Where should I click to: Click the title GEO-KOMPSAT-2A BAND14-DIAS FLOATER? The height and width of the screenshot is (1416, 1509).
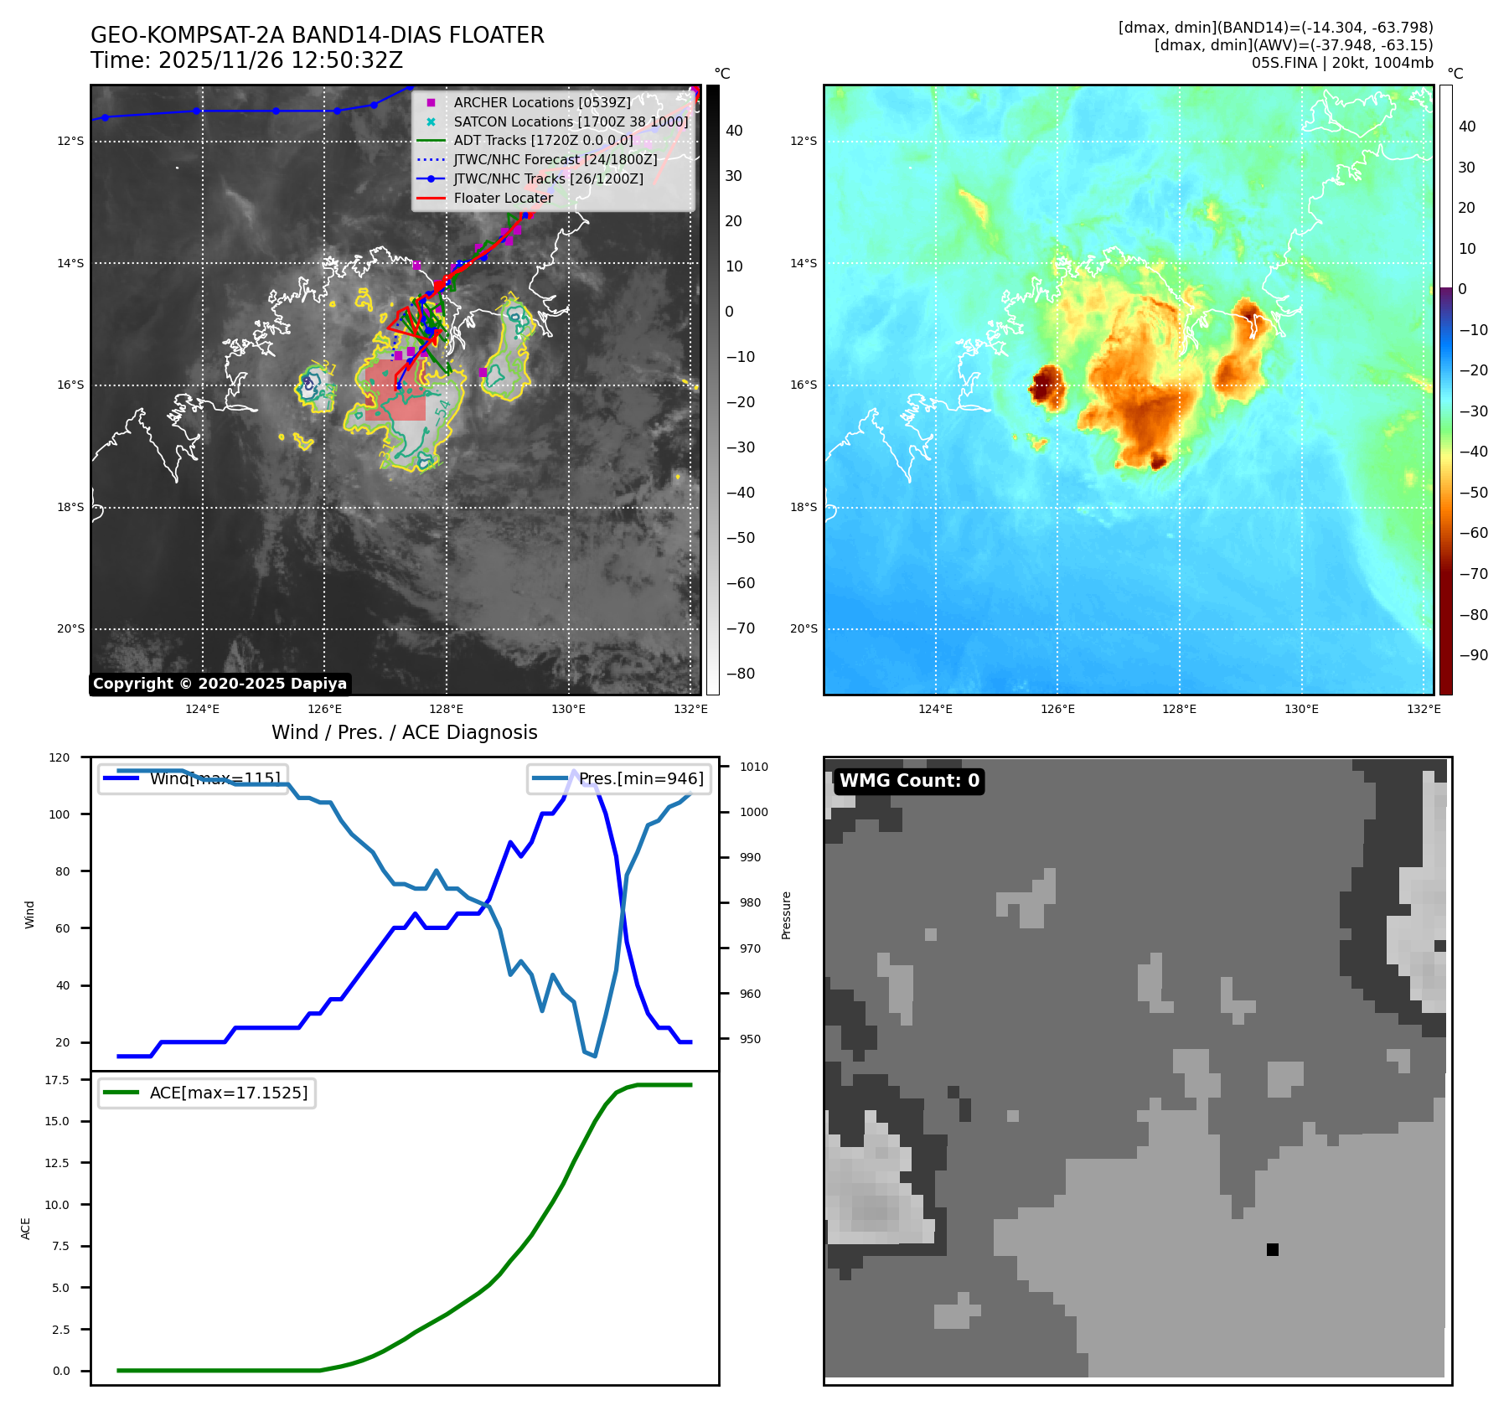tap(317, 35)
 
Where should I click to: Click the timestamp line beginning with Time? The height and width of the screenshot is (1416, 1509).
tap(246, 60)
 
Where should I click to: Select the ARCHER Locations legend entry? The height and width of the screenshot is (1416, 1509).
tap(541, 102)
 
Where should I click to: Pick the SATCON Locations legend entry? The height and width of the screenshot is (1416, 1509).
tap(570, 121)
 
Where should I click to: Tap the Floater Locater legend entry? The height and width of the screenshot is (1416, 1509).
tap(503, 198)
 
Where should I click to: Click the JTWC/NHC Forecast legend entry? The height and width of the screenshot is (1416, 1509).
tap(555, 159)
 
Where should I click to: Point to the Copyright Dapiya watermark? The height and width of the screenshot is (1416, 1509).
tap(220, 684)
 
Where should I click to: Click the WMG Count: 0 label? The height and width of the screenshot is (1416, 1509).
tap(909, 781)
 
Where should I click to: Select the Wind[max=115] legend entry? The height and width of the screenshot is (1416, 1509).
tap(214, 778)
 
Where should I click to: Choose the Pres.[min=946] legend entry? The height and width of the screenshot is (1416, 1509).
tap(641, 778)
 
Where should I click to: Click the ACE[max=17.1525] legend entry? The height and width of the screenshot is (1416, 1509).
tap(228, 1093)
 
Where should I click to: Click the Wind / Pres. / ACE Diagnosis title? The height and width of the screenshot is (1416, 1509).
tap(404, 732)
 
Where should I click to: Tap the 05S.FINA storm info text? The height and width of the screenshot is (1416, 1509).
tap(1342, 63)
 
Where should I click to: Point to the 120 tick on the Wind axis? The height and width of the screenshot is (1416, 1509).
tap(59, 757)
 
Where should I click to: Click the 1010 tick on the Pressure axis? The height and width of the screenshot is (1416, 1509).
tap(753, 767)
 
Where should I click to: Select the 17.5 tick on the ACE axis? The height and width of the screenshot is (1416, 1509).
tap(57, 1080)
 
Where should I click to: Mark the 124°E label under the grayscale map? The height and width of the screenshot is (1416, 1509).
tap(202, 710)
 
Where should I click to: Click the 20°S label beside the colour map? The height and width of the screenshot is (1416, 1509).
tap(803, 629)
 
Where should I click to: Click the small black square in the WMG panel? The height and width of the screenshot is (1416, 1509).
tap(1272, 1249)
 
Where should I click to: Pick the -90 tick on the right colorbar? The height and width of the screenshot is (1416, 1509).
tap(1473, 655)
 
